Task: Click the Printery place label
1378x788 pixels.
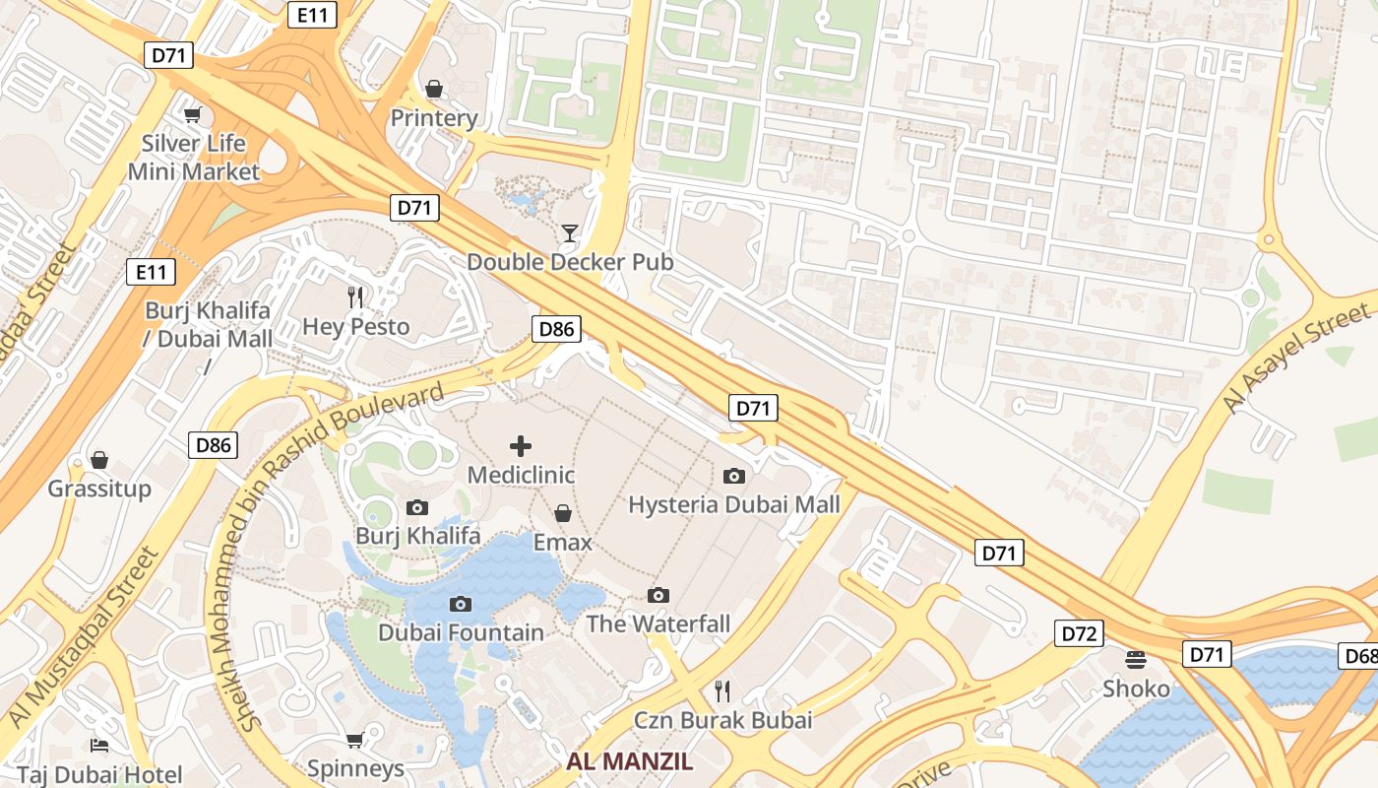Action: pos(434,118)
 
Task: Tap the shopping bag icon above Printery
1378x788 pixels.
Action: pos(434,89)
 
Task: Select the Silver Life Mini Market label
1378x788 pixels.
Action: pos(194,158)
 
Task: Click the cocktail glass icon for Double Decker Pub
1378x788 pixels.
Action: pos(570,233)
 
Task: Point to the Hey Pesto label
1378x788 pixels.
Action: pos(355,326)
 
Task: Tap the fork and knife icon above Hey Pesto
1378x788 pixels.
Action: pos(355,296)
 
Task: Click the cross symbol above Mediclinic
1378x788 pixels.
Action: pos(521,446)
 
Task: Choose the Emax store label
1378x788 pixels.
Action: pos(563,543)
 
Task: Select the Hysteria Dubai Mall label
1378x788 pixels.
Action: pos(734,505)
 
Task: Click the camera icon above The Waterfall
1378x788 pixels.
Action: pos(658,595)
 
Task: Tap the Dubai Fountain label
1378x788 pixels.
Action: pos(461,632)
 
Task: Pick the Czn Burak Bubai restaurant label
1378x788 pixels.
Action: pos(723,720)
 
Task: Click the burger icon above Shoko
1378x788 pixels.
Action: pos(1136,659)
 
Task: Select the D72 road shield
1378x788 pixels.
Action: pos(1079,633)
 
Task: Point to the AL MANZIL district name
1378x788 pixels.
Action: pos(630,761)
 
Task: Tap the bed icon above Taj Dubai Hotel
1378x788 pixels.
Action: pos(98,745)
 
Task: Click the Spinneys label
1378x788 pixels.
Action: pos(355,768)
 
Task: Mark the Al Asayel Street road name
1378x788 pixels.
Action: pos(1296,359)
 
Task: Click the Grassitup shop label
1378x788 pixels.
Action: pos(99,489)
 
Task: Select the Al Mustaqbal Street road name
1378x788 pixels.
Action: pos(84,637)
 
